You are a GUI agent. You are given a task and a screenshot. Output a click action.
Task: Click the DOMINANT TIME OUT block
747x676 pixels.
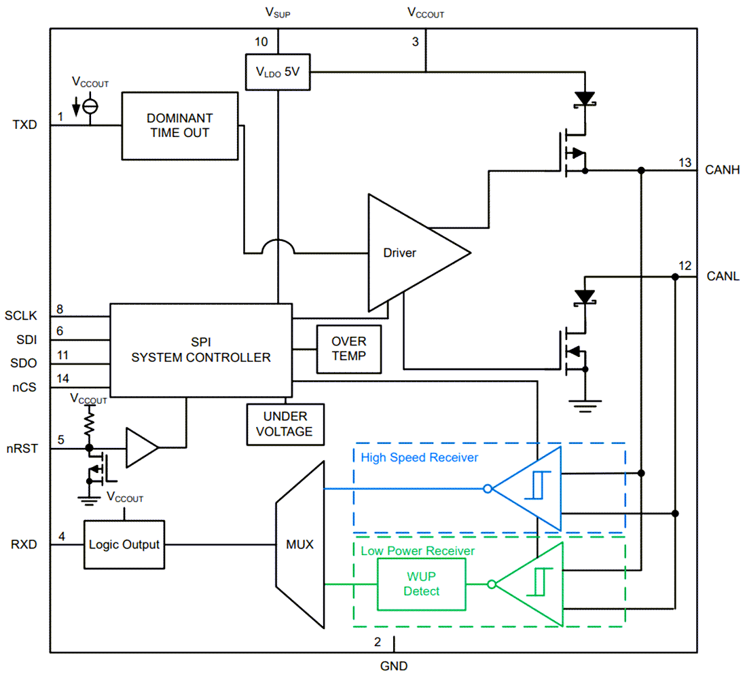click(x=180, y=126)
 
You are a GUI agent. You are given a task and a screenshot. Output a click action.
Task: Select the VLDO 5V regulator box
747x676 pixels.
click(x=277, y=71)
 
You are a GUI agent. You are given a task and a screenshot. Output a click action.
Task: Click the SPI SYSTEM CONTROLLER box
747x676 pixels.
click(x=201, y=350)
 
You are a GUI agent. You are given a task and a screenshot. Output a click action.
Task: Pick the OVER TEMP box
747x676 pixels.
click(x=349, y=348)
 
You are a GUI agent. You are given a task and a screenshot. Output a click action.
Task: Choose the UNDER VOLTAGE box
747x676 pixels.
click(x=285, y=424)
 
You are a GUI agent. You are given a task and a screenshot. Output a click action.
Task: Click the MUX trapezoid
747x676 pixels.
click(x=299, y=544)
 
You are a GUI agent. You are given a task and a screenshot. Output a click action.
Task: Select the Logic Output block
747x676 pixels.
click(x=124, y=544)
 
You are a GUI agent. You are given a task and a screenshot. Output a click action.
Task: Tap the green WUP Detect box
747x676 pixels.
click(x=422, y=584)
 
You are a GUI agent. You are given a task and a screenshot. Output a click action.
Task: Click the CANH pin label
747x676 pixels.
click(x=723, y=170)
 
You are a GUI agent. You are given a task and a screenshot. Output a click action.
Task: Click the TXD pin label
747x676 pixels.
click(x=24, y=126)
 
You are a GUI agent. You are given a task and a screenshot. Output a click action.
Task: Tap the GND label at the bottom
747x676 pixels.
click(x=394, y=666)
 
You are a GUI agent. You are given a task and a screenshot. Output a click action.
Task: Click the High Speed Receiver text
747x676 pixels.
click(x=420, y=457)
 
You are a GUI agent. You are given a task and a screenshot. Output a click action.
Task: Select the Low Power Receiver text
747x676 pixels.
click(x=418, y=551)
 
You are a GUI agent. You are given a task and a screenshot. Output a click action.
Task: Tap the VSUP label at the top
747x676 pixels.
click(x=277, y=13)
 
